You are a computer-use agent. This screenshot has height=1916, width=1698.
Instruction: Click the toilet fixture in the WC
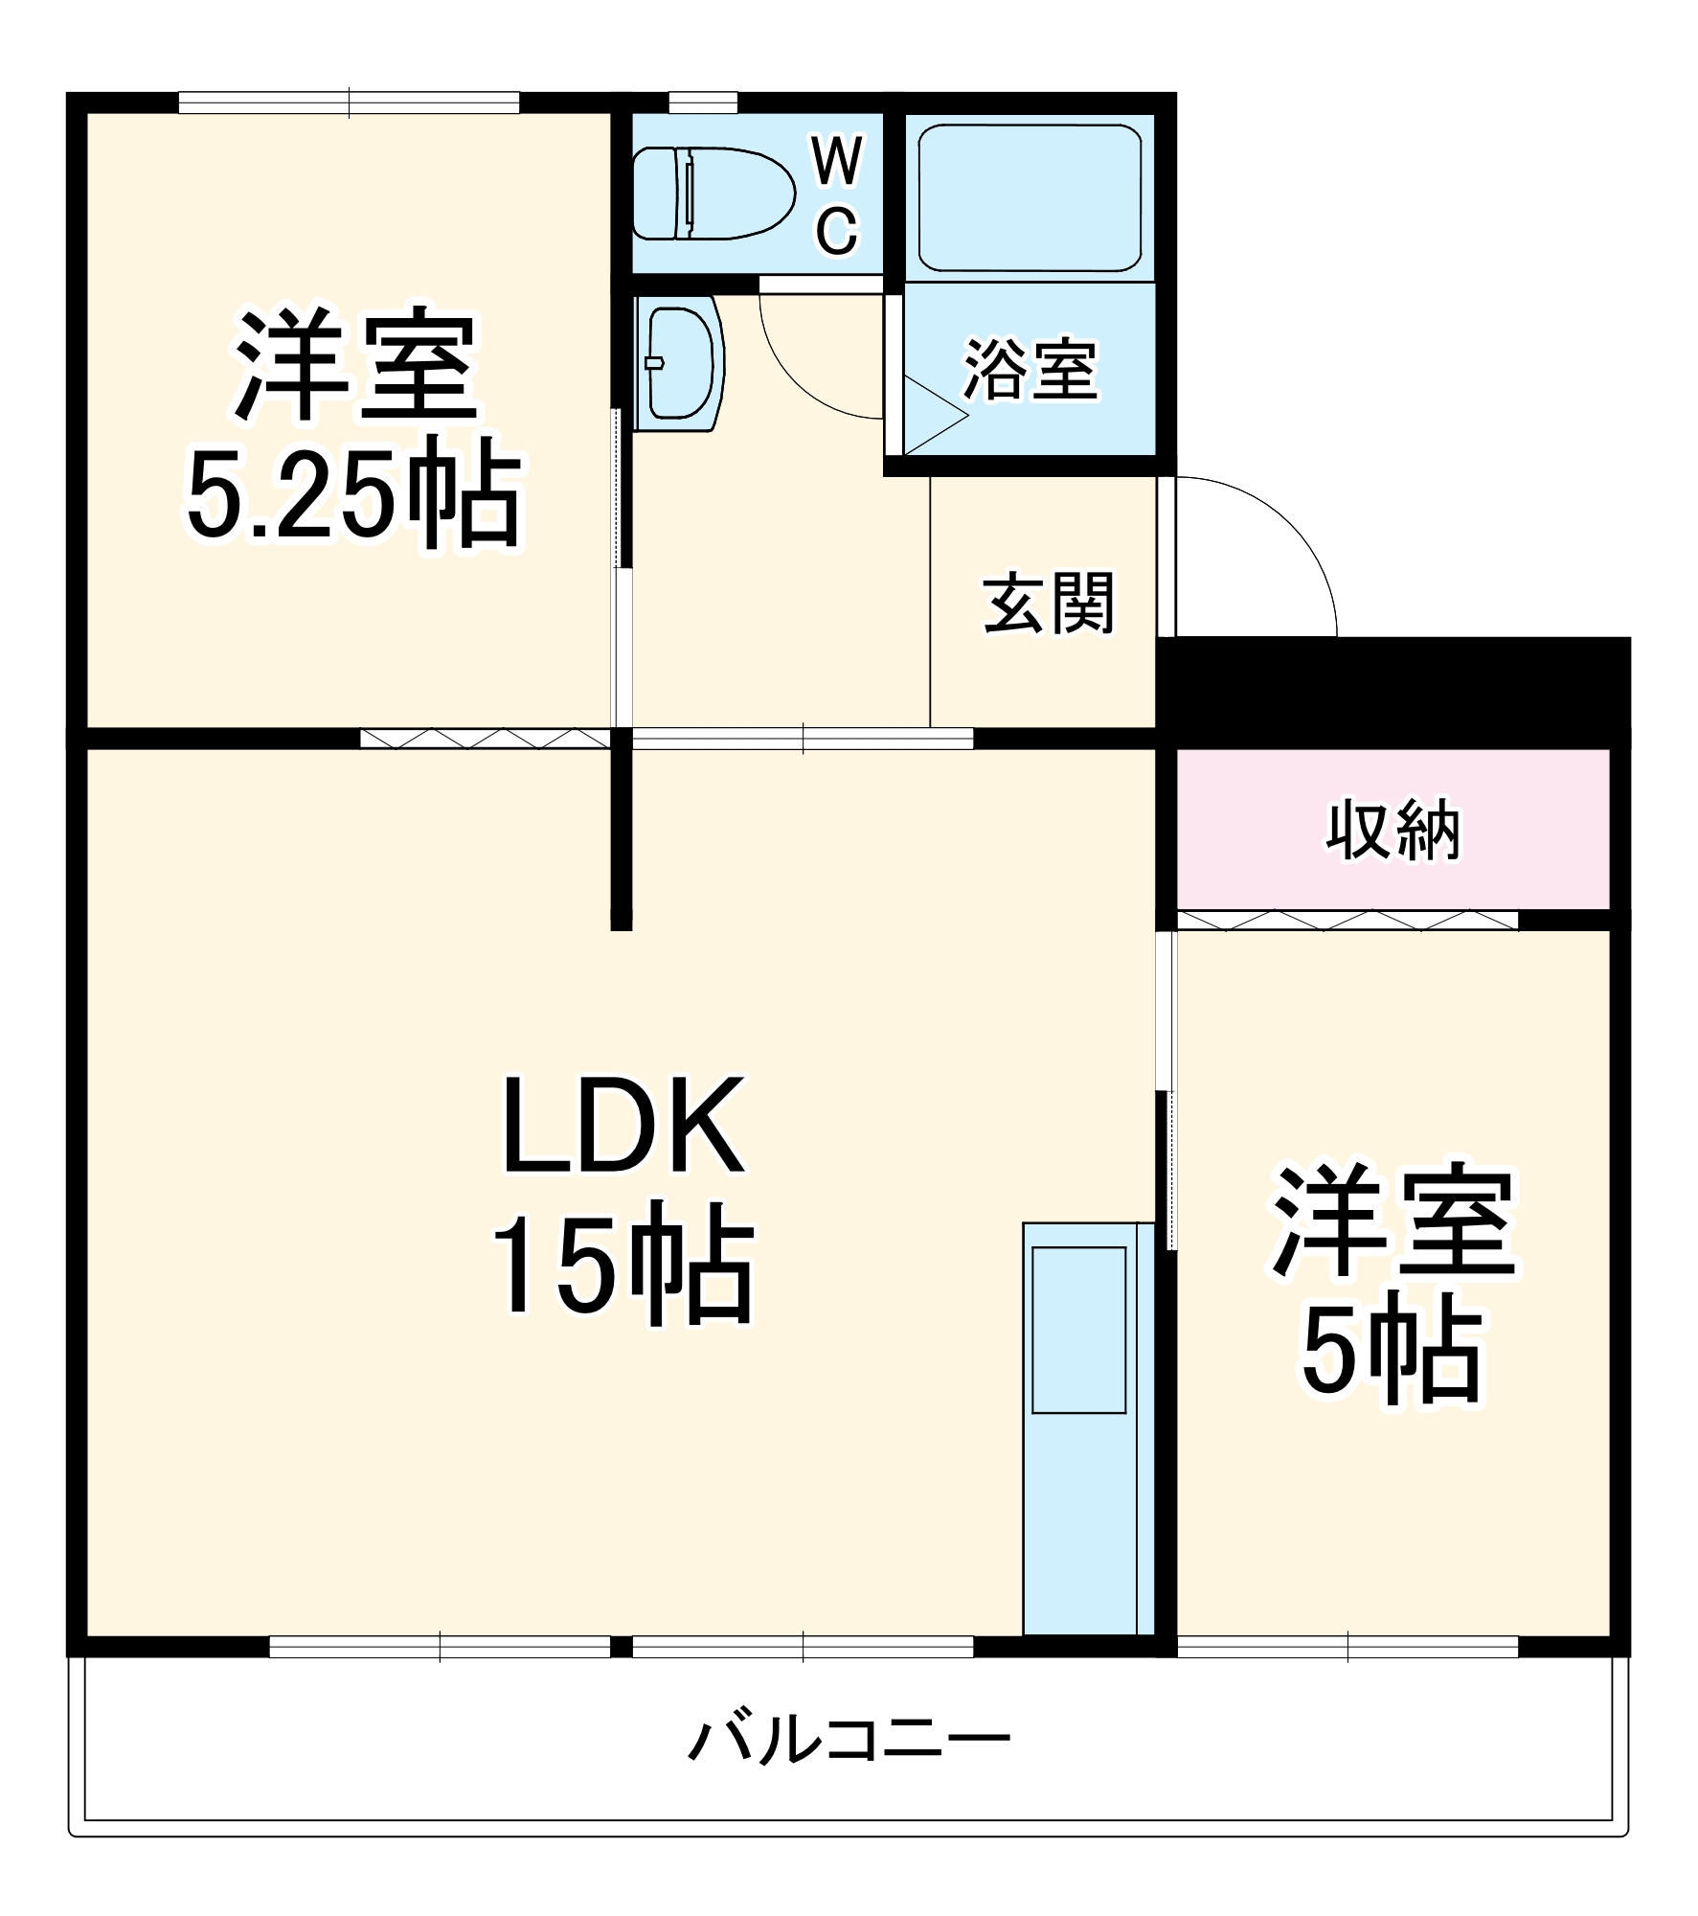pos(713,194)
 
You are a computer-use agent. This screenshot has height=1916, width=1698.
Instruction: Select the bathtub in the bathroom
pos(1030,198)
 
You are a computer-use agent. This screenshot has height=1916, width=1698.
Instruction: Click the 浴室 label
pos(1030,370)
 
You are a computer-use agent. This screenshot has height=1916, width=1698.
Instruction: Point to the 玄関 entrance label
pos(1049,604)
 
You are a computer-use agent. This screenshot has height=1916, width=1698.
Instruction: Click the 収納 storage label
pos(1392,830)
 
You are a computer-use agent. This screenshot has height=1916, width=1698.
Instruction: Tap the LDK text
pos(623,1129)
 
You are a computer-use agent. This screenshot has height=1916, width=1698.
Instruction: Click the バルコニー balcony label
pos(849,1741)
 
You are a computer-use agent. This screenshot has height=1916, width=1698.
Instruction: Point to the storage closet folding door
pos(1346,921)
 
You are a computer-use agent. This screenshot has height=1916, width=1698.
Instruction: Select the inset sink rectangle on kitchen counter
pos(1078,1329)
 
